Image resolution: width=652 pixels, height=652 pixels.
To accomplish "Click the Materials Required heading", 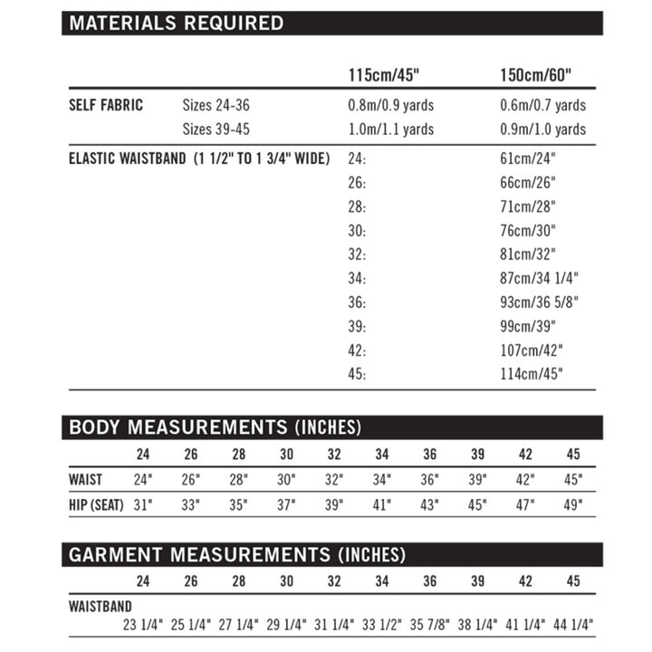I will click(x=177, y=24).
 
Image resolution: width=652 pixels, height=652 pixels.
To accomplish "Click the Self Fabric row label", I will click(x=106, y=105).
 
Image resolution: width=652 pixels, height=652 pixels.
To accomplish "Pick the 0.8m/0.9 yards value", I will click(x=391, y=105).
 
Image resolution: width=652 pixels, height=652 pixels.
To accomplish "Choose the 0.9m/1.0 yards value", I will click(x=542, y=129).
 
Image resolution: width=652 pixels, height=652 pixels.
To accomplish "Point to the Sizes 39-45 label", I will click(x=216, y=129).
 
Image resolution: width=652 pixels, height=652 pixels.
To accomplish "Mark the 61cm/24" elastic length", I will click(x=527, y=158).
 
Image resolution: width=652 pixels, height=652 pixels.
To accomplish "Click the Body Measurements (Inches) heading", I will click(x=216, y=427).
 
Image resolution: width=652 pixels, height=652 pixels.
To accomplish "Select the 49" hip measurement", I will click(x=573, y=504).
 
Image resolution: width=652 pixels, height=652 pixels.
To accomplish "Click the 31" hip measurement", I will click(x=142, y=504).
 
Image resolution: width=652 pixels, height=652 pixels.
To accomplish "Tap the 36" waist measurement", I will click(x=430, y=479).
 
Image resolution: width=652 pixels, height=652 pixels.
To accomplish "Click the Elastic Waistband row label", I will click(x=199, y=158).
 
